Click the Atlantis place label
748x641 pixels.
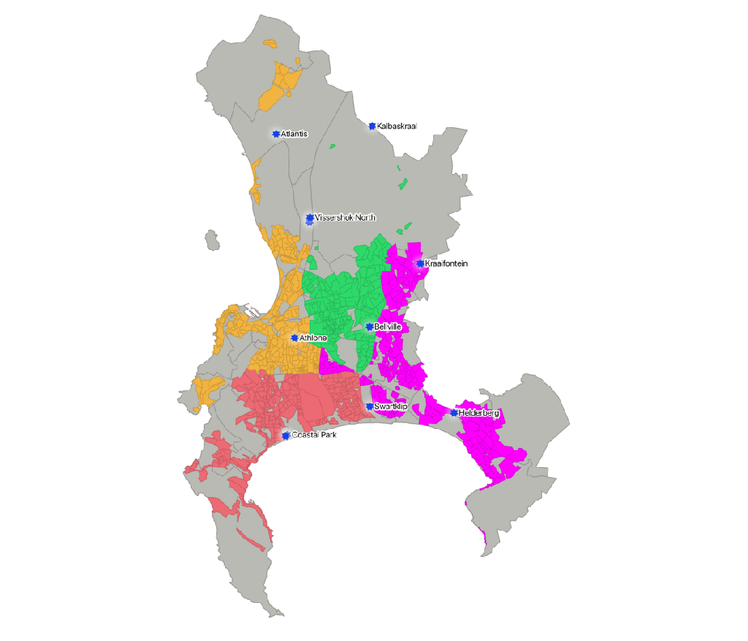point(295,134)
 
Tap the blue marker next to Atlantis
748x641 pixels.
point(276,134)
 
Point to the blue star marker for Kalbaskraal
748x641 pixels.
point(373,126)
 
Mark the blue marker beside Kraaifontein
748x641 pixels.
point(420,263)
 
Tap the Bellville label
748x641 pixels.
point(388,327)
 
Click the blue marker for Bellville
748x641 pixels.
point(370,327)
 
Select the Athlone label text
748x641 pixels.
point(313,338)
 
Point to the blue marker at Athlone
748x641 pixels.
point(294,338)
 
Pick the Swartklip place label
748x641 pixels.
point(391,406)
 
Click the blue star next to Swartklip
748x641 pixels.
point(370,406)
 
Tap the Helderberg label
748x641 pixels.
point(479,414)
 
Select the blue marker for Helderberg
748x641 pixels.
point(454,413)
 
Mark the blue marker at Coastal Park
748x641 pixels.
point(286,436)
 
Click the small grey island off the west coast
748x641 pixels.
point(212,240)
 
